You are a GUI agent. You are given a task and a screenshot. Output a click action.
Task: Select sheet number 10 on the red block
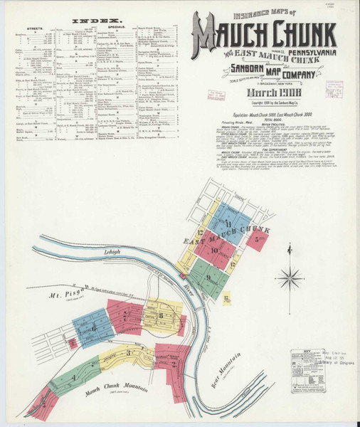click(x=214, y=251)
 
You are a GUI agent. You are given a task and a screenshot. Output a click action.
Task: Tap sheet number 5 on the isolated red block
click(x=255, y=240)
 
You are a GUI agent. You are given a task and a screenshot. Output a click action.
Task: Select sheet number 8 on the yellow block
click(x=163, y=314)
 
